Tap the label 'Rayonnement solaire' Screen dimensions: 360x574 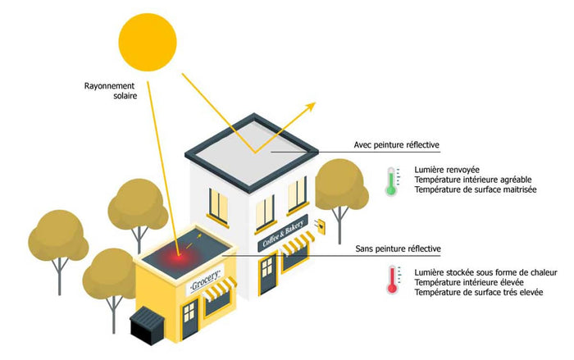tap(110, 89)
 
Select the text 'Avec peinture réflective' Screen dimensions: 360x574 tap(396, 145)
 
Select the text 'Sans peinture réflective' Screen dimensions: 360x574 tap(398, 248)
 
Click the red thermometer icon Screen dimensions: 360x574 tap(393, 280)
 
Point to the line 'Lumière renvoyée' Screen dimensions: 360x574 tap(444, 170)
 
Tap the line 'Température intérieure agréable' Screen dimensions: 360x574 tap(471, 180)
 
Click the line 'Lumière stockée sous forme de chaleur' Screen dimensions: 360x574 tap(486, 272)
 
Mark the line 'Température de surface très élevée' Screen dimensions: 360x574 tap(479, 293)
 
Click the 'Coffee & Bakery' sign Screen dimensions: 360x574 tap(284, 233)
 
